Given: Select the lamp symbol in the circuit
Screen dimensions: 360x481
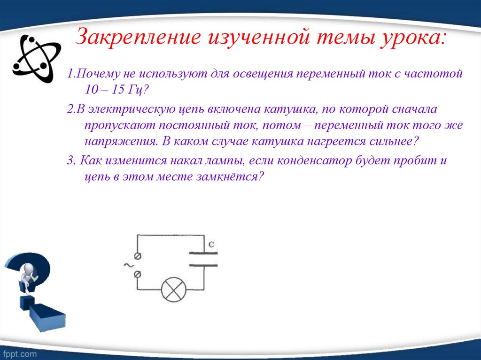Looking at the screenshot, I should tap(174, 290).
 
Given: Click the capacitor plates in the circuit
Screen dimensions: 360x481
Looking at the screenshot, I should tap(203, 259).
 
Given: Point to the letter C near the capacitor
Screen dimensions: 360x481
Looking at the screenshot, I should tap(211, 244).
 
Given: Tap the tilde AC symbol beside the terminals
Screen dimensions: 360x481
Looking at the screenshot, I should tap(127, 265).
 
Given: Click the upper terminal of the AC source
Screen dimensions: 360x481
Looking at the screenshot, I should tap(138, 256).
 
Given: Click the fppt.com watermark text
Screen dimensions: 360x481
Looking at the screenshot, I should tap(19, 352).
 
